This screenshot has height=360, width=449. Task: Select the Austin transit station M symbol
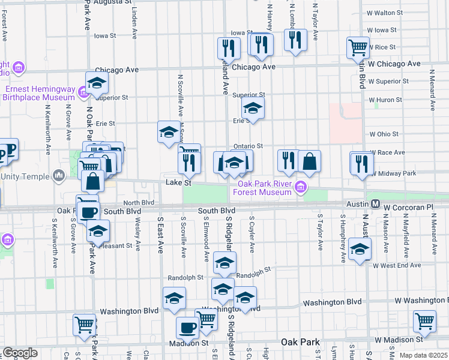[375, 204]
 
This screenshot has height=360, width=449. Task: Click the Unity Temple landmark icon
[59, 176]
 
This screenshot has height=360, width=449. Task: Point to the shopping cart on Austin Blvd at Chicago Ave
[358, 46]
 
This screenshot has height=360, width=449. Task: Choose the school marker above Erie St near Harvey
[253, 108]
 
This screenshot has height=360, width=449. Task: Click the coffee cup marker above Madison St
[187, 328]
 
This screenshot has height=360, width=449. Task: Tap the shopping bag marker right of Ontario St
[309, 160]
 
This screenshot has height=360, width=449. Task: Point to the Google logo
[20, 353]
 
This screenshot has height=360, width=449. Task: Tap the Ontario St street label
[248, 146]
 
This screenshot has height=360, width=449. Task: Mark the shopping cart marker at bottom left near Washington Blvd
[84, 324]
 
